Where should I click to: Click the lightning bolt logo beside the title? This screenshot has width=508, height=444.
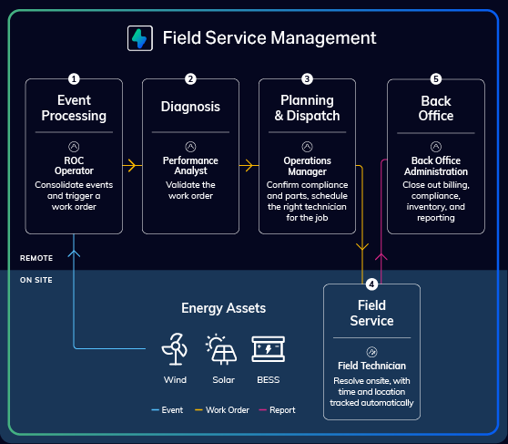[x=140, y=38]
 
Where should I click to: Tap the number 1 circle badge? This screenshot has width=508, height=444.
[x=74, y=79]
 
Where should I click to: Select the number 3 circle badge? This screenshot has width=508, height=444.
[x=307, y=79]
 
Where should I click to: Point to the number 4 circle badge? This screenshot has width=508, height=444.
[x=371, y=284]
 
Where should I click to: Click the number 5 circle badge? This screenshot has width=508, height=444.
[x=436, y=79]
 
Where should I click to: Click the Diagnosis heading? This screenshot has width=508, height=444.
[x=190, y=107]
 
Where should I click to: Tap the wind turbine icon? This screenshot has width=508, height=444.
[x=175, y=349]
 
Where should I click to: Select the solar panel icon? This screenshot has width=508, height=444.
[x=221, y=349]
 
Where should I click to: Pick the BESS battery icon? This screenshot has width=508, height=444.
[x=269, y=349]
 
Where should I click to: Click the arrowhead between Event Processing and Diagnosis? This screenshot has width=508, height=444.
[x=132, y=166]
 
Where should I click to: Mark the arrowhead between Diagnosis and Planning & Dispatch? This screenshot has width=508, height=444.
[x=249, y=166]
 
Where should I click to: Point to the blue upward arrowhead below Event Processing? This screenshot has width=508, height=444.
[x=74, y=253]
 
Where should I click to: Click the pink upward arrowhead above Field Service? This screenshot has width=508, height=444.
[x=381, y=257]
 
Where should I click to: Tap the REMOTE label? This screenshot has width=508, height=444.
[x=36, y=258]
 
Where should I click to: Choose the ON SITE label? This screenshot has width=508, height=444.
[x=36, y=280]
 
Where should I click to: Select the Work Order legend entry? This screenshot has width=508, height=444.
[x=222, y=410]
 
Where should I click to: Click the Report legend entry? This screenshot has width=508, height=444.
[x=277, y=410]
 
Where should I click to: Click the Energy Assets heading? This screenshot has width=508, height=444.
[x=224, y=308]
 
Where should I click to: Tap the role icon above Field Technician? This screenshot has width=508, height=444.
[x=371, y=352]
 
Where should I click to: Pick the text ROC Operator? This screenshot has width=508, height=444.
[x=74, y=166]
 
